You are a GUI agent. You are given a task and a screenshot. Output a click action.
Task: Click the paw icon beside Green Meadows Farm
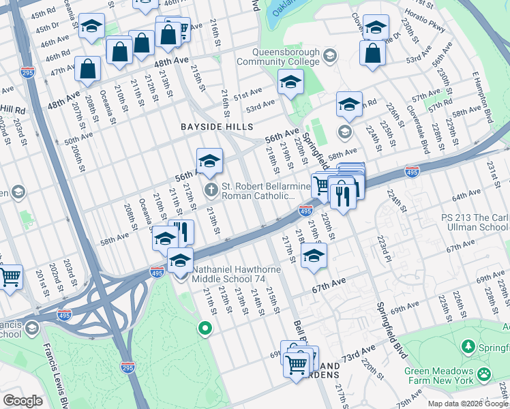[x=485, y=374]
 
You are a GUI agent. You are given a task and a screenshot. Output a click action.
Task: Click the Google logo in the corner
[x=22, y=401]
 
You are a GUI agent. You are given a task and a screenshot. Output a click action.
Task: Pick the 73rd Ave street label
[x=360, y=355]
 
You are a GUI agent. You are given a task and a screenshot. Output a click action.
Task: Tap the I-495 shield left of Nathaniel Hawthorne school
[x=157, y=273]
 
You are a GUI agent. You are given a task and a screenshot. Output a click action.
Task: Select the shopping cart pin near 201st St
[x=10, y=277]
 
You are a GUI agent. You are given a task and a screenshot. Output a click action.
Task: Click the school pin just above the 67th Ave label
[x=314, y=256]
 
